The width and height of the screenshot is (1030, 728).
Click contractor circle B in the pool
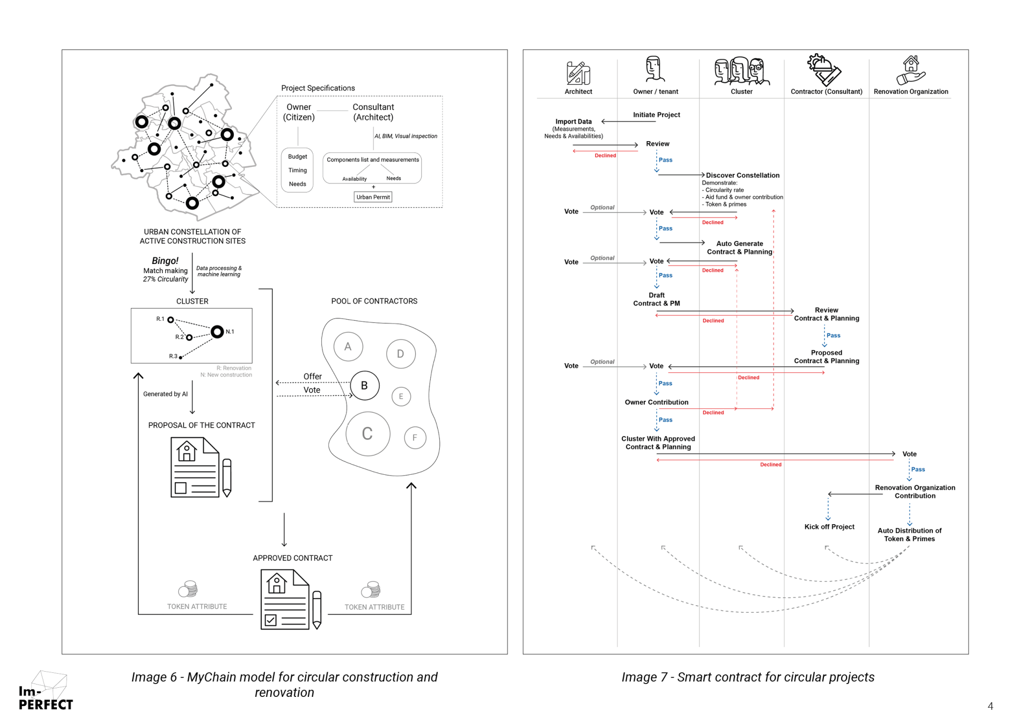pos(364,385)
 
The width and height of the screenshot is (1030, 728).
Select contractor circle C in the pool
pos(367,433)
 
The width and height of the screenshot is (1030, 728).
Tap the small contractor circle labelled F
pos(415,438)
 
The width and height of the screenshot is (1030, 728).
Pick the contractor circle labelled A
pos(348,347)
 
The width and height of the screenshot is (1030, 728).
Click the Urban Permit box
pos(373,197)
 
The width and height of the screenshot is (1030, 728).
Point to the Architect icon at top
pos(578,73)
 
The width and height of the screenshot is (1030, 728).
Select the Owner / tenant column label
pos(655,92)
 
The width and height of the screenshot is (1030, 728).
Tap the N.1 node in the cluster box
pos(217,332)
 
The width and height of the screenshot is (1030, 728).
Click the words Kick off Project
pos(829,527)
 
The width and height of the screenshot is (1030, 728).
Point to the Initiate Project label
pos(656,115)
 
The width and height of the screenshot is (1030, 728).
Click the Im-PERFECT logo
pos(45,693)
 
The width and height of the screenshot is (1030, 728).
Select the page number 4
pos(990,706)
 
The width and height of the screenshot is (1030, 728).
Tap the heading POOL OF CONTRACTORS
pos(374,301)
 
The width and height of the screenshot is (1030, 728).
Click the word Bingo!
pos(165,261)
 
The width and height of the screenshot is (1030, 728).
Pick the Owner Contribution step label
pos(656,402)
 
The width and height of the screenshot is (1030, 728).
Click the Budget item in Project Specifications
pos(297,157)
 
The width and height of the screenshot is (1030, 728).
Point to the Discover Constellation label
pos(742,175)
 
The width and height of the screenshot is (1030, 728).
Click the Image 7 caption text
pos(747,677)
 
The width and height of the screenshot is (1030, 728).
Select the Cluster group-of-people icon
pos(741,71)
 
